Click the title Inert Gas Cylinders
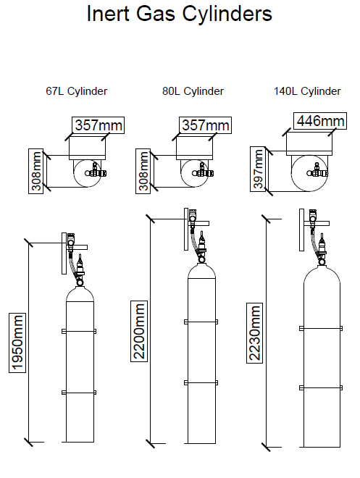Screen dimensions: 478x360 click(x=180, y=14)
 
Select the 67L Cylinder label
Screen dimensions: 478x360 click(x=76, y=91)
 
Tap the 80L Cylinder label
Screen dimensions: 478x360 click(x=193, y=91)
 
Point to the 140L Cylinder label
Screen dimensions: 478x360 click(x=307, y=91)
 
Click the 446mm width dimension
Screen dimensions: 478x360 click(x=319, y=120)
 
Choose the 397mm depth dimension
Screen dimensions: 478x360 click(x=257, y=169)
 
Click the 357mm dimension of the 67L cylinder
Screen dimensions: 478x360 click(x=98, y=125)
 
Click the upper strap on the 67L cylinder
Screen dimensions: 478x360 click(x=80, y=330)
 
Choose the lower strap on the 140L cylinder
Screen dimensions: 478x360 click(x=319, y=386)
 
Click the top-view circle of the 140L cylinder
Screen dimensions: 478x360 click(x=308, y=174)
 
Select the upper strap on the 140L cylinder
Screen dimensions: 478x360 click(x=319, y=327)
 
